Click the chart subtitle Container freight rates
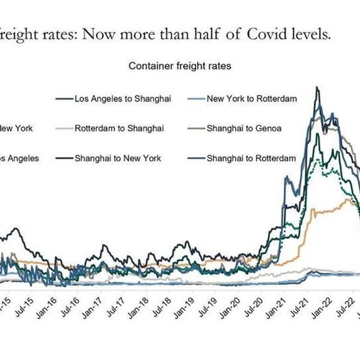180,66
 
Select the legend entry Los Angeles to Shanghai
123,97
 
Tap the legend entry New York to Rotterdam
252,97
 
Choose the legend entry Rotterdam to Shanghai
120,128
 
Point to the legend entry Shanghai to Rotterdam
251,158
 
